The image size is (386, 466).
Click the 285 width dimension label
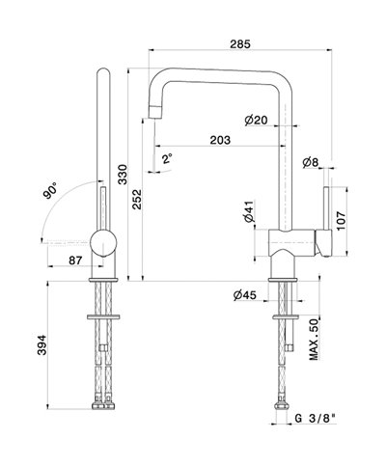(240, 43)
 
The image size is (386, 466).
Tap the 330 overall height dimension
(123, 175)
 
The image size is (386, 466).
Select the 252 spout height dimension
(137, 200)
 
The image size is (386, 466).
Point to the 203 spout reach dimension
(220, 140)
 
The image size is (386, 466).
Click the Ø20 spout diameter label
(256, 120)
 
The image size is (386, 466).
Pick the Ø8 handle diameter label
(311, 162)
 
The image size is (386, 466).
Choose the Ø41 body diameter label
(249, 211)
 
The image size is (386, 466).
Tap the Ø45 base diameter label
(245, 295)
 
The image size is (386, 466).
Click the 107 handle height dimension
(341, 221)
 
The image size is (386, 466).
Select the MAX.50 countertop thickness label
(314, 340)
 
